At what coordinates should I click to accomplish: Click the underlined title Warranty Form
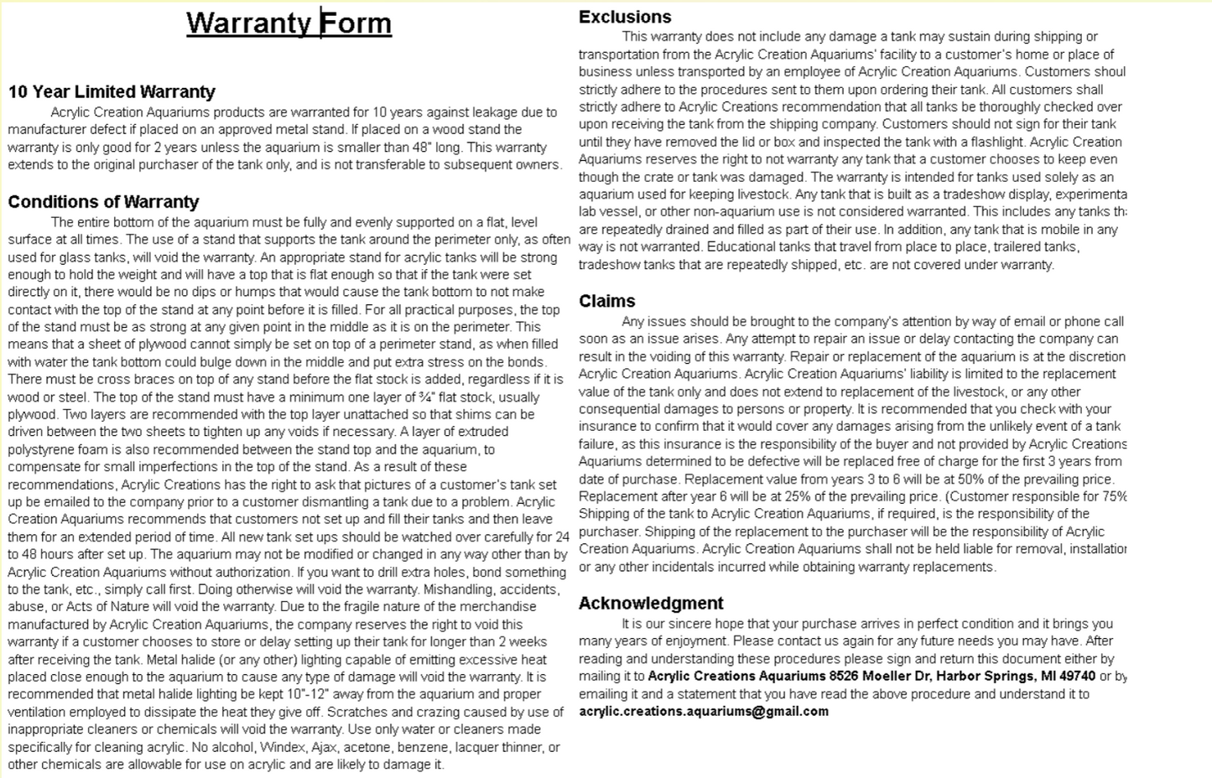point(289,23)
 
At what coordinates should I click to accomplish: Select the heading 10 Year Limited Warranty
point(112,92)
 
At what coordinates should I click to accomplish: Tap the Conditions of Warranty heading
point(103,202)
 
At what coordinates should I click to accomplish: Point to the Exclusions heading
point(625,17)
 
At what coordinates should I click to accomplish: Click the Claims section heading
point(606,301)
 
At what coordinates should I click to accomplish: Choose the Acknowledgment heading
point(651,604)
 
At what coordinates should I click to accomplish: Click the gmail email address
point(703,712)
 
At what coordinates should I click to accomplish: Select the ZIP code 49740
point(1075,677)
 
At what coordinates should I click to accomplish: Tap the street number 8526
point(844,677)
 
